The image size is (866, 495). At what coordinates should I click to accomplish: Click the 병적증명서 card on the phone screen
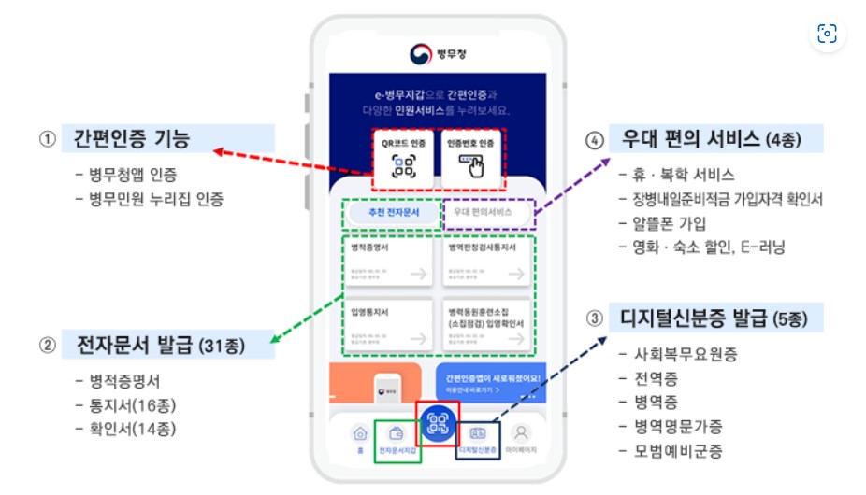pyautogui.click(x=386, y=262)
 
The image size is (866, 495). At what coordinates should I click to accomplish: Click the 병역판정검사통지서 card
pyautogui.click(x=485, y=262)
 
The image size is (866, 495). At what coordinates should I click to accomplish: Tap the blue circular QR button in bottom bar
pyautogui.click(x=438, y=421)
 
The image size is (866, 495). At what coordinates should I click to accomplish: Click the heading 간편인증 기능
pyautogui.click(x=132, y=140)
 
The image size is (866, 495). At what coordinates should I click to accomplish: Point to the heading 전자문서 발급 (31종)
pyautogui.click(x=153, y=346)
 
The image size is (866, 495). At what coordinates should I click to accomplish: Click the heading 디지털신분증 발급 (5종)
pyautogui.click(x=716, y=318)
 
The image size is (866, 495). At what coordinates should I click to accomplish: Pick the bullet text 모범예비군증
pyautogui.click(x=671, y=450)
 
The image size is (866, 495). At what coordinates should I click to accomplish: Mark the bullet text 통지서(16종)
pyautogui.click(x=125, y=405)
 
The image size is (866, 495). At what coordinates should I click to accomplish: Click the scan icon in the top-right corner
pyautogui.click(x=827, y=34)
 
